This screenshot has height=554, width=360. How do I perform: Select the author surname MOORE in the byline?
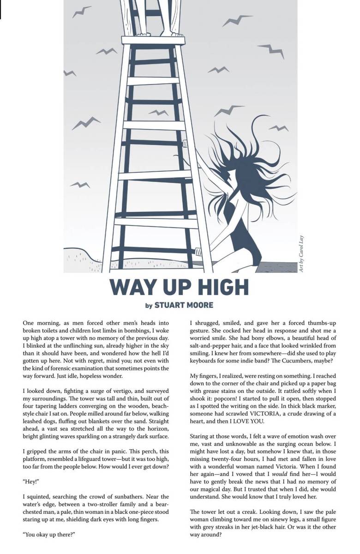point(198,305)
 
